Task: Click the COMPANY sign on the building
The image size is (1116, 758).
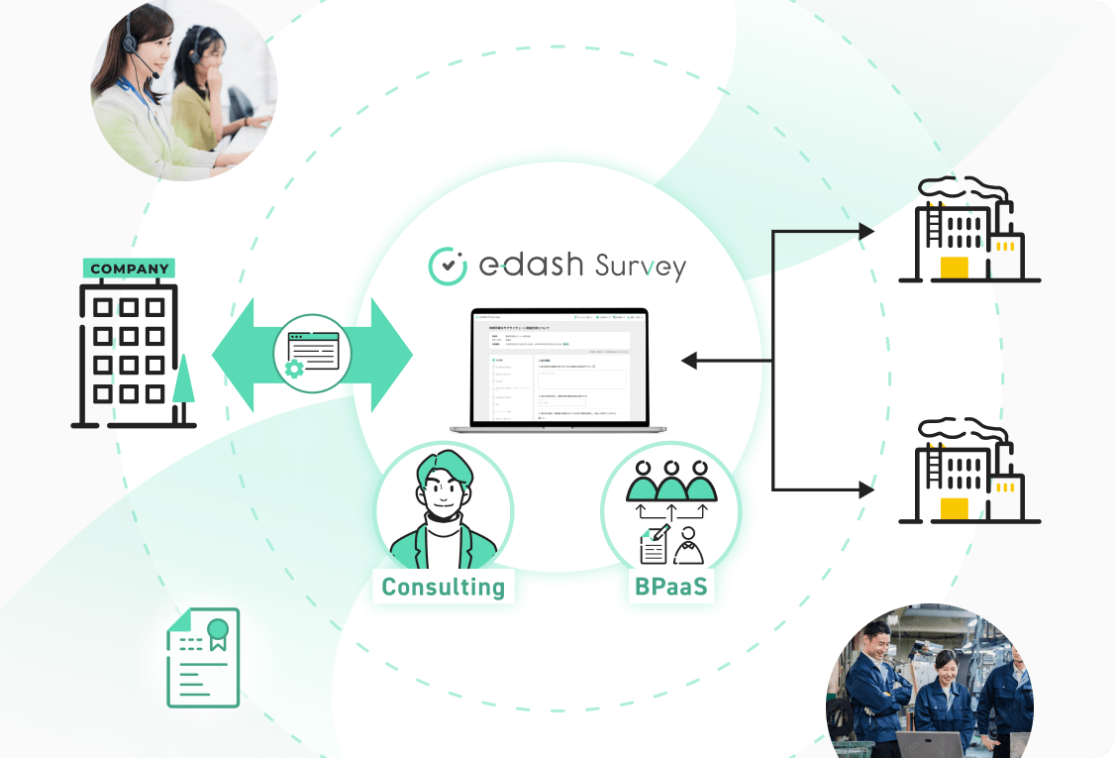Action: (129, 269)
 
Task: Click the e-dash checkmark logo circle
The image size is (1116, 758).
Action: (447, 266)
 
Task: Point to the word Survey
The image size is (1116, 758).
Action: (640, 267)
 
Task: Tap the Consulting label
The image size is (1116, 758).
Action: (444, 587)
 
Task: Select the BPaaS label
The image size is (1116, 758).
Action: (671, 586)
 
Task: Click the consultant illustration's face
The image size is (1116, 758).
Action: (445, 487)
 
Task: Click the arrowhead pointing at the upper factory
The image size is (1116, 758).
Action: (865, 232)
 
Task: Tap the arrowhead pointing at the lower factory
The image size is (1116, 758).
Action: (865, 489)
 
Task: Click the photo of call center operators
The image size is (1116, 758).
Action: (183, 91)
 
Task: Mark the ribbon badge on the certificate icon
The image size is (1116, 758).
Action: (217, 632)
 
